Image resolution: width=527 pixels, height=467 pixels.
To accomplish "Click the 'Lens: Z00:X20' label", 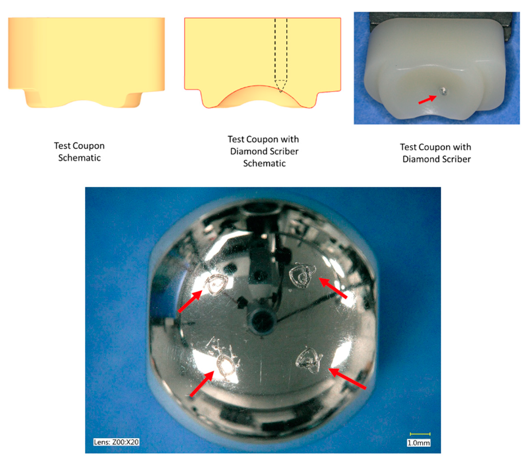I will (x=116, y=442).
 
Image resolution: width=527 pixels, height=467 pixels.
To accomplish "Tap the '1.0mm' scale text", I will (x=418, y=443).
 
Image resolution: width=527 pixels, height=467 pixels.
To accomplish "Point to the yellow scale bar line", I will (x=420, y=434).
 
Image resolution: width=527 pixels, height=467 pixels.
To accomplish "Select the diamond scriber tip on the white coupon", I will (x=443, y=90).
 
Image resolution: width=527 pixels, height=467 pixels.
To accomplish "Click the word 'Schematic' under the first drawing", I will (x=79, y=158).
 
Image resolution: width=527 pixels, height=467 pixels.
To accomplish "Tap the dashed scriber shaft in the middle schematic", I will (x=281, y=49).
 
